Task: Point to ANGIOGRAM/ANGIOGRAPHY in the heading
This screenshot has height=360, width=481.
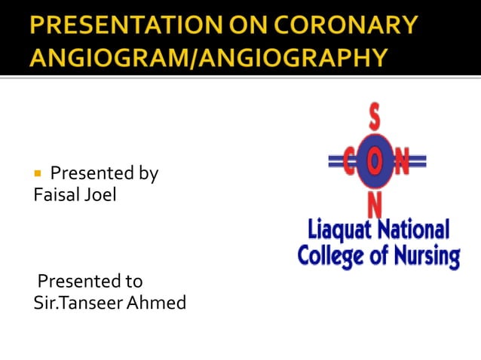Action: tap(210, 56)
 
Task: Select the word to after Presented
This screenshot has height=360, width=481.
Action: tap(133, 282)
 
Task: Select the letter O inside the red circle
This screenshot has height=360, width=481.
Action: tap(375, 160)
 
